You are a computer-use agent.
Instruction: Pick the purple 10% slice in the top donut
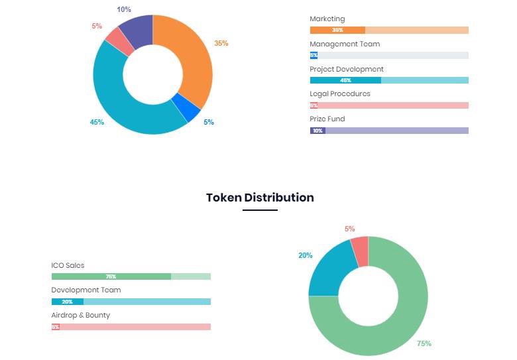tap(139, 30)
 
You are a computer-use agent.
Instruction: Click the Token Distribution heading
tap(260, 198)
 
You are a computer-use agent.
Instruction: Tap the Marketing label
tap(327, 19)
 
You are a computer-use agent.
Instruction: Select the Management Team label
tap(345, 44)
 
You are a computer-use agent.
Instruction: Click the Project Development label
tap(346, 69)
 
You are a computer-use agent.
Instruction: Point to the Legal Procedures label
tap(339, 93)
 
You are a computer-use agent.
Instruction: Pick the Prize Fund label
tap(327, 119)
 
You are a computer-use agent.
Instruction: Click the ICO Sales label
tap(68, 265)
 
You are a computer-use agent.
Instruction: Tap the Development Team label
tap(86, 290)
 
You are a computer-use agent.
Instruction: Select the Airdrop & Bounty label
tap(80, 315)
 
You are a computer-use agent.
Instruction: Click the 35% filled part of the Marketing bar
tap(337, 30)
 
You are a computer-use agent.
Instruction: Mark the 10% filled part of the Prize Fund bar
tap(317, 131)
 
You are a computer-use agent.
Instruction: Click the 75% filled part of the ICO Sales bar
tap(111, 276)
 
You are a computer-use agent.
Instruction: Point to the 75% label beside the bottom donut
tap(424, 343)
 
